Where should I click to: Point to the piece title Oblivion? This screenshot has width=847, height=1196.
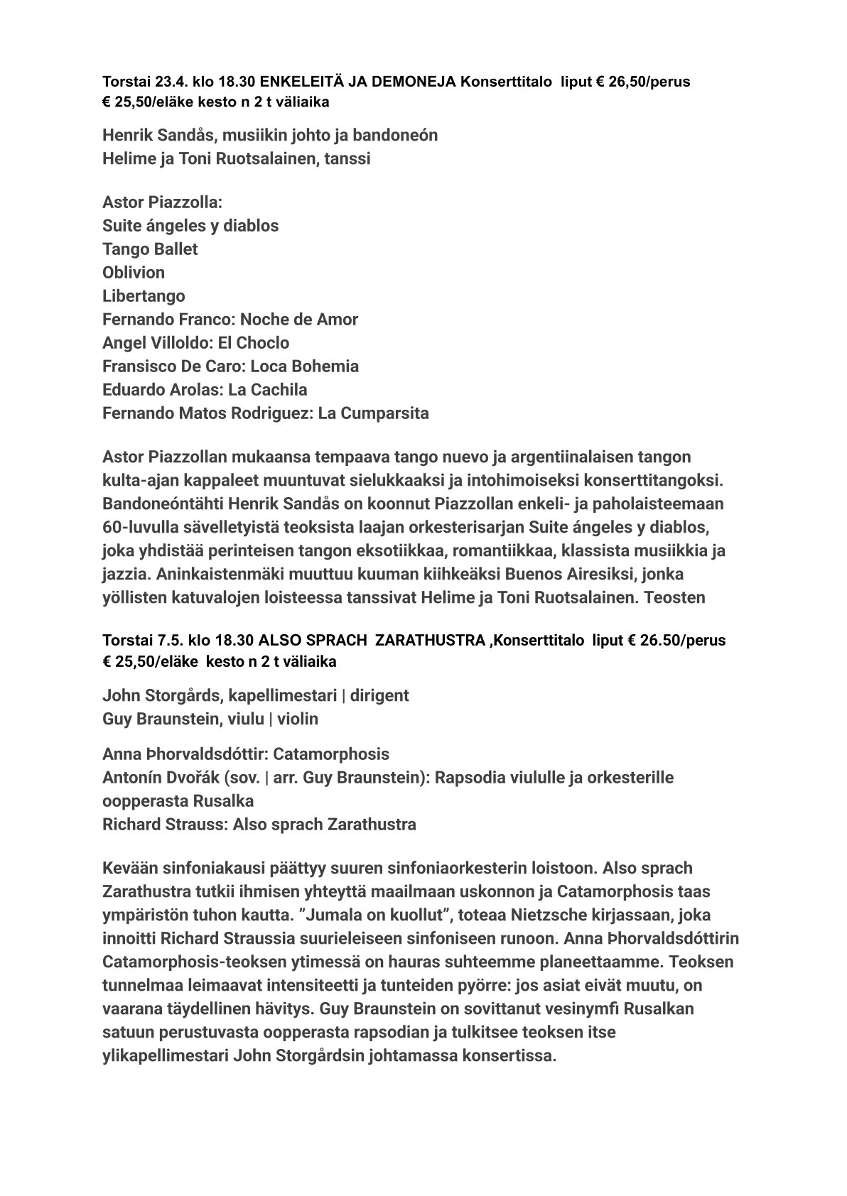pyautogui.click(x=134, y=273)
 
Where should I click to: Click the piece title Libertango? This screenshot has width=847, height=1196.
pyautogui.click(x=144, y=296)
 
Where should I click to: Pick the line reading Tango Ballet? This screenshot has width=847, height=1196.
pyautogui.click(x=150, y=249)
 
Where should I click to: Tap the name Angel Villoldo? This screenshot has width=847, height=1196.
pyautogui.click(x=154, y=343)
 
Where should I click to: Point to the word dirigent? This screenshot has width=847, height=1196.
pyautogui.click(x=379, y=695)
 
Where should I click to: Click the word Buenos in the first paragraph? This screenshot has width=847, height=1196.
pyautogui.click(x=596, y=574)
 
